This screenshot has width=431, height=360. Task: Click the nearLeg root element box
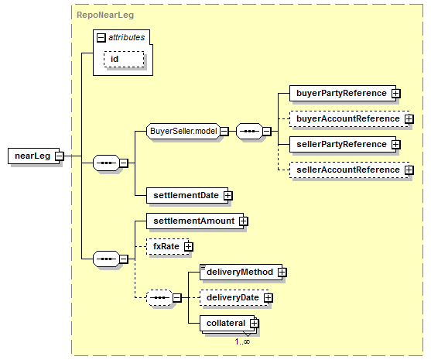(33, 156)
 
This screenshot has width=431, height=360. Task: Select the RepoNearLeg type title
(105, 15)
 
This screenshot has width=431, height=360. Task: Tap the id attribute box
(124, 59)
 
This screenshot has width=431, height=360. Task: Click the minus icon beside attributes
(101, 38)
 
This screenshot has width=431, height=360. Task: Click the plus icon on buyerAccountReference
(409, 118)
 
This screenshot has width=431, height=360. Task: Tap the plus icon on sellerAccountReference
(409, 170)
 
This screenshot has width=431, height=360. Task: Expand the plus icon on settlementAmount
(243, 221)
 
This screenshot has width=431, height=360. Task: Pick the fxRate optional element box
(168, 246)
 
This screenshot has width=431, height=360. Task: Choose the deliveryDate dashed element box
(234, 297)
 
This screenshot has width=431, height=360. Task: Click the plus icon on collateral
(255, 323)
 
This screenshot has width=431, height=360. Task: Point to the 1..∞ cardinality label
(242, 341)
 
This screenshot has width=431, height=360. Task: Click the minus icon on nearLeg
(59, 156)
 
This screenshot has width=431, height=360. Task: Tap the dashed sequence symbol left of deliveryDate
(159, 297)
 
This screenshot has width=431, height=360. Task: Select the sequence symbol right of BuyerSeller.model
(250, 131)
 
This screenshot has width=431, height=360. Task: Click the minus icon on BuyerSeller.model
(224, 132)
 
